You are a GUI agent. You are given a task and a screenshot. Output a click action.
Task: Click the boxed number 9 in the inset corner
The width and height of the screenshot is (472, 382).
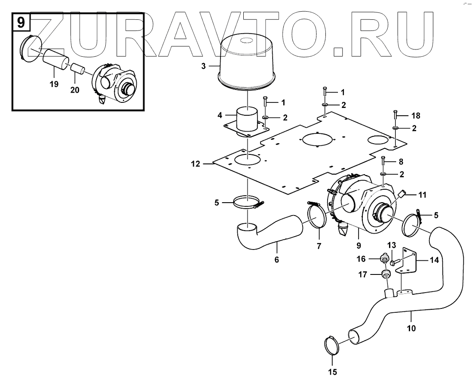(21, 22)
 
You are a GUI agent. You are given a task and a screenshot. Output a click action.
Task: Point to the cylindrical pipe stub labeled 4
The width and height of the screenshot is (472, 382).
(247, 120)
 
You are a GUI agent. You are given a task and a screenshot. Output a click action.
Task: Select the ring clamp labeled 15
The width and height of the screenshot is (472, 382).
(331, 347)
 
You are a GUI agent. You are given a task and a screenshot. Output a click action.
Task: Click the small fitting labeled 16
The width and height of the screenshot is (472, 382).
(384, 259)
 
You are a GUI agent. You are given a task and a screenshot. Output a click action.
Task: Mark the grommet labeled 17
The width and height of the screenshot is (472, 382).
(385, 274)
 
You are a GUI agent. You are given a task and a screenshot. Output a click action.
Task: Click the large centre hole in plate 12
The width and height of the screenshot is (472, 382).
(318, 139)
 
